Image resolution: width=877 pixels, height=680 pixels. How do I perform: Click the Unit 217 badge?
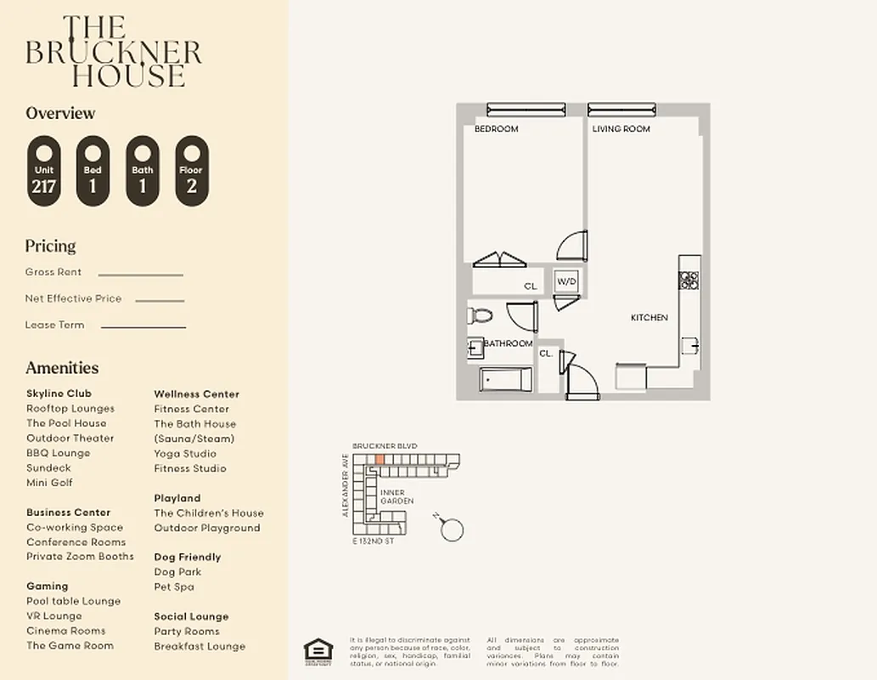click(43, 171)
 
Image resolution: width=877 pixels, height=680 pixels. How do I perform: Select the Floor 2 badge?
click(191, 171)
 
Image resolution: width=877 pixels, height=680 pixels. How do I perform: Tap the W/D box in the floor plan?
click(566, 282)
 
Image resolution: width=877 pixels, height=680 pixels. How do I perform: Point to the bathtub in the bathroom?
click(505, 380)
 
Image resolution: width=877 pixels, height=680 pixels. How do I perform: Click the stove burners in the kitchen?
click(689, 280)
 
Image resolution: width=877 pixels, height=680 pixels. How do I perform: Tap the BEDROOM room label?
click(496, 129)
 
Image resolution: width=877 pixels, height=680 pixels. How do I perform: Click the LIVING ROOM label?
click(621, 129)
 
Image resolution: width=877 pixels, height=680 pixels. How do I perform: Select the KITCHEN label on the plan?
click(649, 318)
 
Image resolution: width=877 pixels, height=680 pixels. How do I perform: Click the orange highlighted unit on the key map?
click(379, 459)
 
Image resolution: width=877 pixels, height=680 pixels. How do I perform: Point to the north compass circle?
click(453, 530)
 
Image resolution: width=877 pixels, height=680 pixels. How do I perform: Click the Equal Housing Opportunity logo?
click(317, 649)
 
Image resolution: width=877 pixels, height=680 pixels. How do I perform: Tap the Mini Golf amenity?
click(49, 483)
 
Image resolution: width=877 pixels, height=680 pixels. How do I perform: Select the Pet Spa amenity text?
click(174, 586)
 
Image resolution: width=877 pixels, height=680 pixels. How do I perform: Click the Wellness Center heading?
click(196, 394)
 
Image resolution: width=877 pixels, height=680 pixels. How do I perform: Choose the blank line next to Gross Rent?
click(140, 275)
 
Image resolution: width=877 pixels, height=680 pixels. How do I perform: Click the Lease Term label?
click(54, 325)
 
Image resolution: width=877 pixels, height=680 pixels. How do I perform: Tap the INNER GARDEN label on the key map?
click(396, 496)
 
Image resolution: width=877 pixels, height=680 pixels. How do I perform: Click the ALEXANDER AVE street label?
click(346, 485)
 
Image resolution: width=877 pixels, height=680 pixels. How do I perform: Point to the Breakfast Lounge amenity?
click(200, 646)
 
